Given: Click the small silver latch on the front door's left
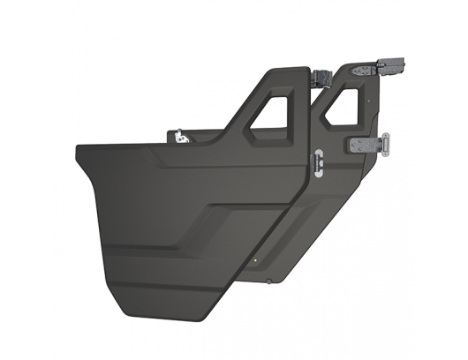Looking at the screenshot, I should [181, 137].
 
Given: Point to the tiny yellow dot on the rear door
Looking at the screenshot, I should [255, 260].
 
